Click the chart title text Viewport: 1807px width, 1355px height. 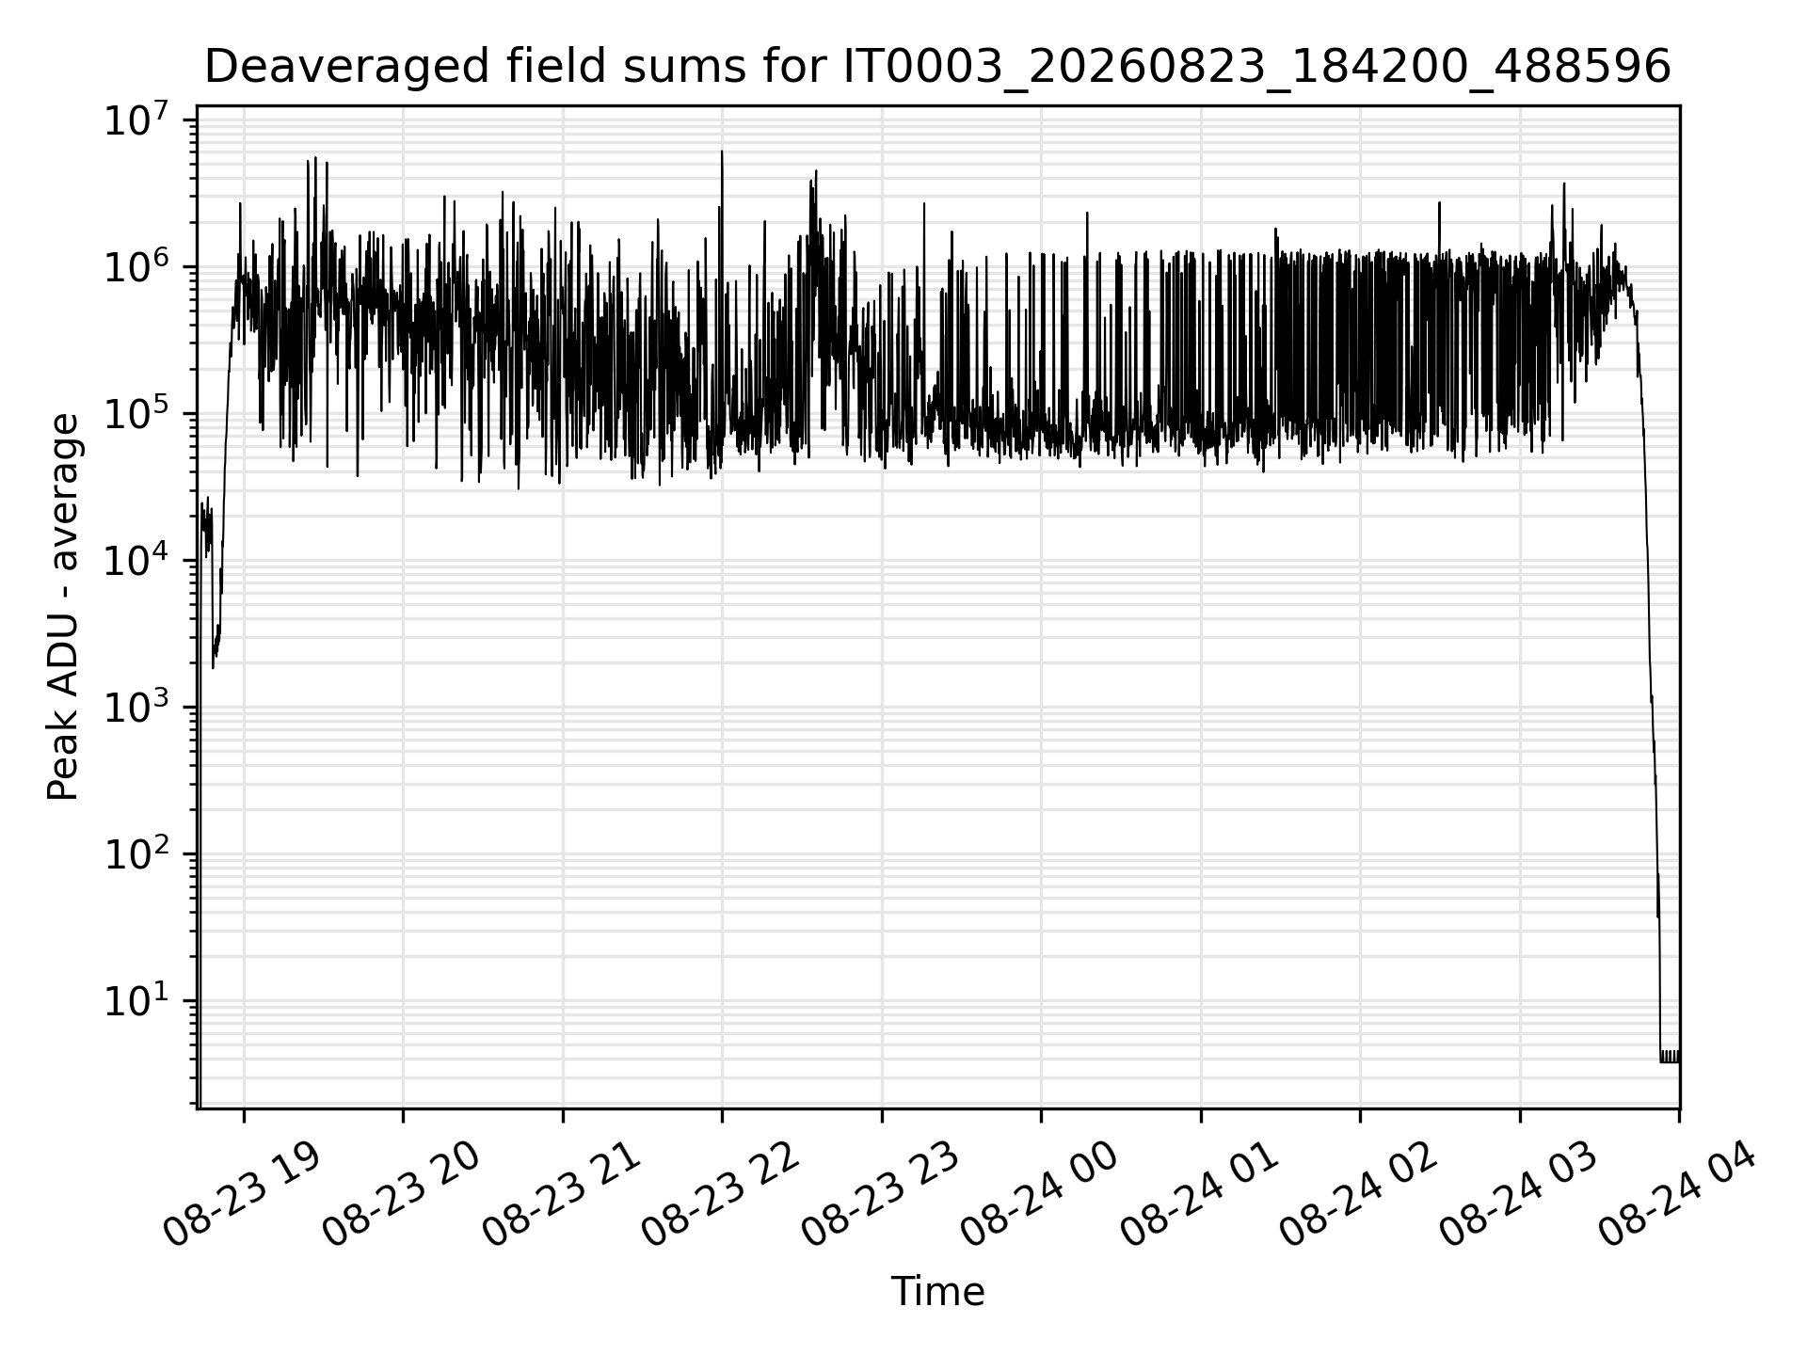937,67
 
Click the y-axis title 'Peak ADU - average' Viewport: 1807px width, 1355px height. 64,608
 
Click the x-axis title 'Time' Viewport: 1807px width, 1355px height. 937,1292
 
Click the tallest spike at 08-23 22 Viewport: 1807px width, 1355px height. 722,151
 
